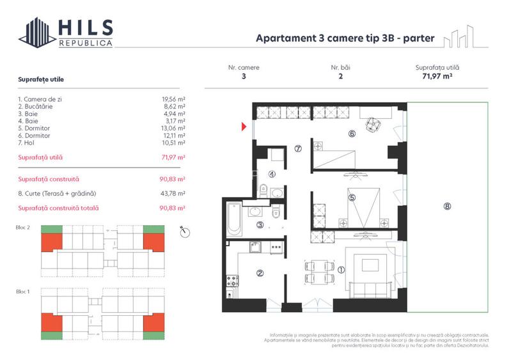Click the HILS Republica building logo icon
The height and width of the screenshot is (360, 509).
pyautogui.click(x=37, y=33)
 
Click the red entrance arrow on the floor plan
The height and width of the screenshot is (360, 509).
pyautogui.click(x=244, y=127)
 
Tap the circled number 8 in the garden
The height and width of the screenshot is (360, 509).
pyautogui.click(x=446, y=207)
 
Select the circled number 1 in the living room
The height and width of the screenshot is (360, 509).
pyautogui.click(x=341, y=270)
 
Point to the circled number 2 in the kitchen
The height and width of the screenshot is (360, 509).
pyautogui.click(x=260, y=274)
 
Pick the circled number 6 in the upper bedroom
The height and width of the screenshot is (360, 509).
pyautogui.click(x=352, y=134)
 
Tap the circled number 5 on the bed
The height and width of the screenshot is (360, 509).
pyautogui.click(x=352, y=198)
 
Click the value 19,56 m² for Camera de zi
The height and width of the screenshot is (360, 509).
pyautogui.click(x=173, y=100)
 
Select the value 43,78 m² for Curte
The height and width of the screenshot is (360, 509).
pyautogui.click(x=173, y=193)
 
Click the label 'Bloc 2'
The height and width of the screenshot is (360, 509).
pyautogui.click(x=23, y=227)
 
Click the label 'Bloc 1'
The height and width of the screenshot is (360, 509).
pyautogui.click(x=23, y=291)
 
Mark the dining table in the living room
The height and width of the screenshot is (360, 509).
pyautogui.click(x=317, y=272)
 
